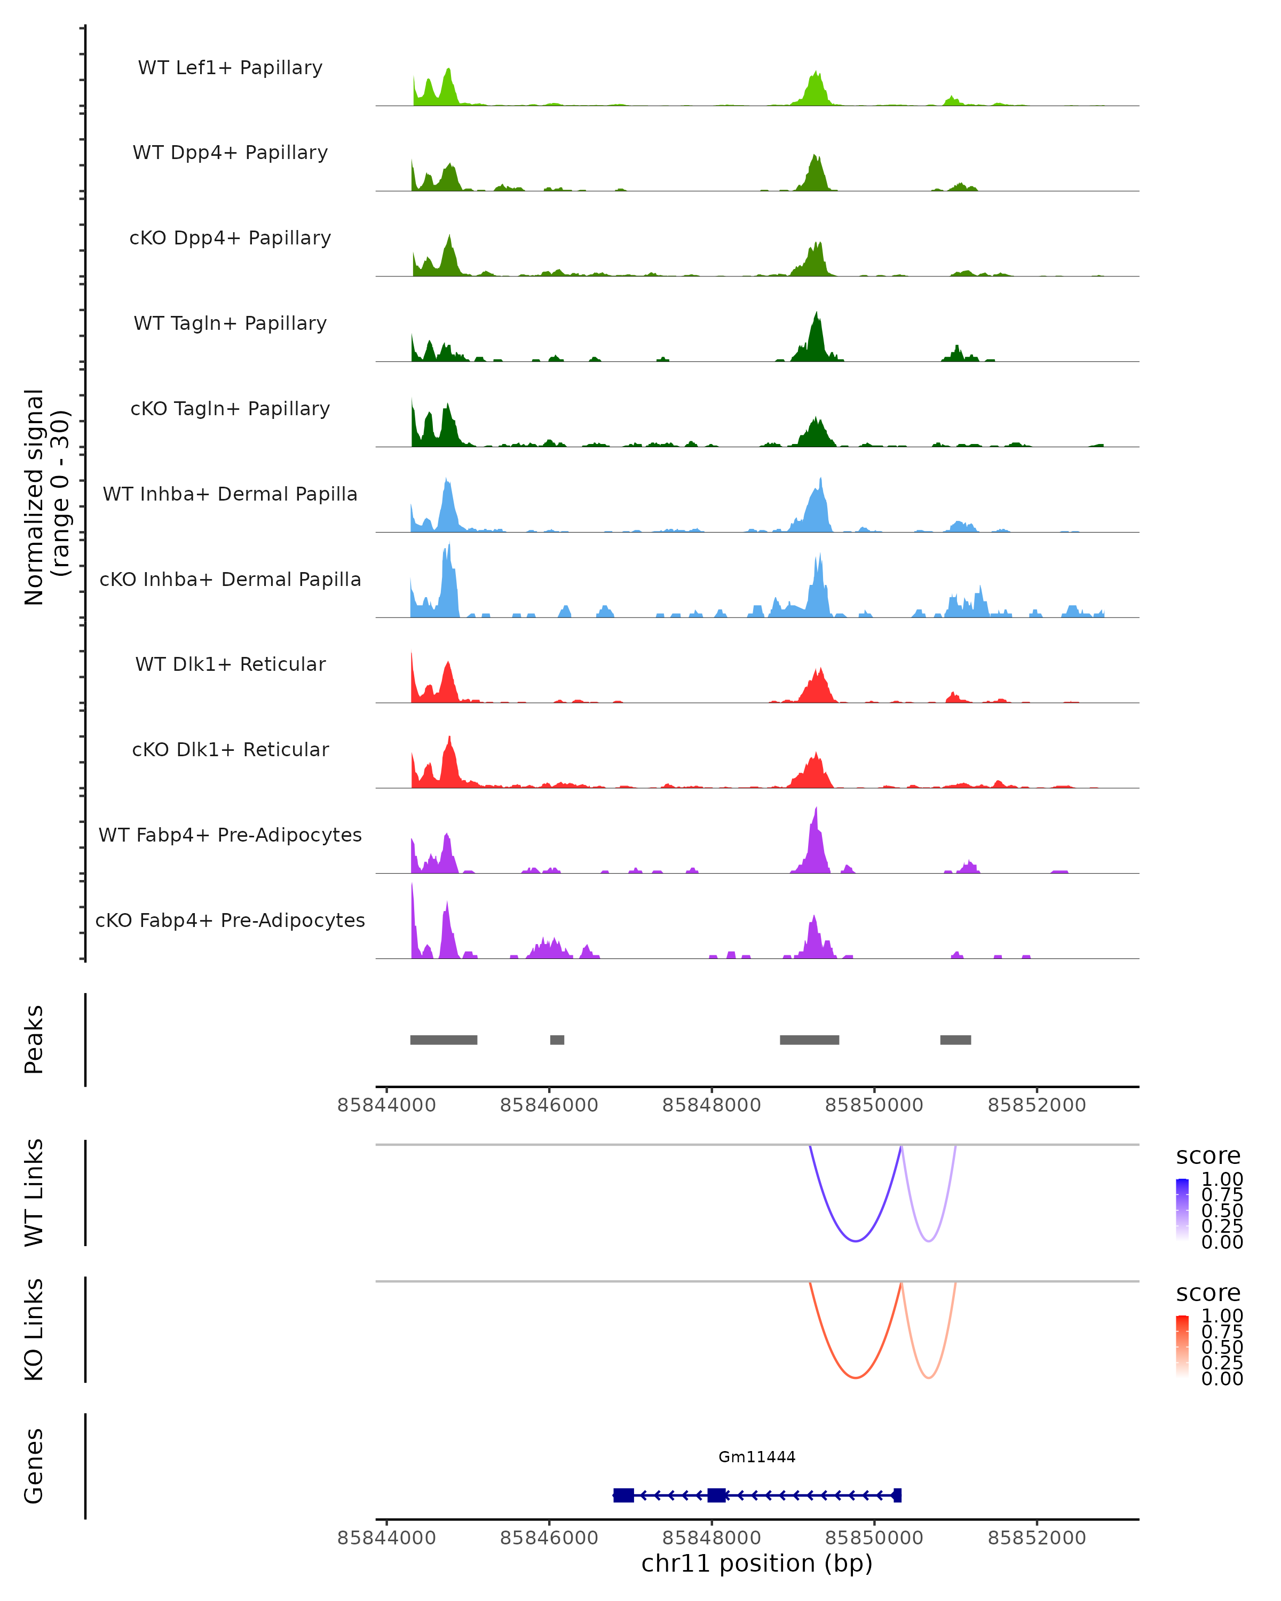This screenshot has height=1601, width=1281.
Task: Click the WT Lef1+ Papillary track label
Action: pos(230,68)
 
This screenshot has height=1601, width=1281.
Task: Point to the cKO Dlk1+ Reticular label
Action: pos(230,749)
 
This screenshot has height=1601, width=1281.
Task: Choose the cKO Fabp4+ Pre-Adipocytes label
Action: pos(230,920)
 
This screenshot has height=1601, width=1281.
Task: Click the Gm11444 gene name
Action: pos(757,1457)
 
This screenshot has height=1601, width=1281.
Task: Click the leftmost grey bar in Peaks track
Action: pos(444,1040)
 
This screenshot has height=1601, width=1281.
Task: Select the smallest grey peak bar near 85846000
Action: pos(557,1040)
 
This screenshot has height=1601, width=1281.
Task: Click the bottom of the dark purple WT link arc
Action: pos(856,1241)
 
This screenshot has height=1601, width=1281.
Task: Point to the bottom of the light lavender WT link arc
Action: pos(928,1241)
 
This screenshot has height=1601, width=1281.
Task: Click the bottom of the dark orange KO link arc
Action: pos(856,1377)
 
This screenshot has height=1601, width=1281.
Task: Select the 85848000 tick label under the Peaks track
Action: pos(711,1105)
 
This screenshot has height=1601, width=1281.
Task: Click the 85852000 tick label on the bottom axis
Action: pos(1037,1538)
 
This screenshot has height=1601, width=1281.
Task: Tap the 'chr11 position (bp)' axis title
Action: pos(757,1564)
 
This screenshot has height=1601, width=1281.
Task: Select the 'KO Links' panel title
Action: pos(34,1329)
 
